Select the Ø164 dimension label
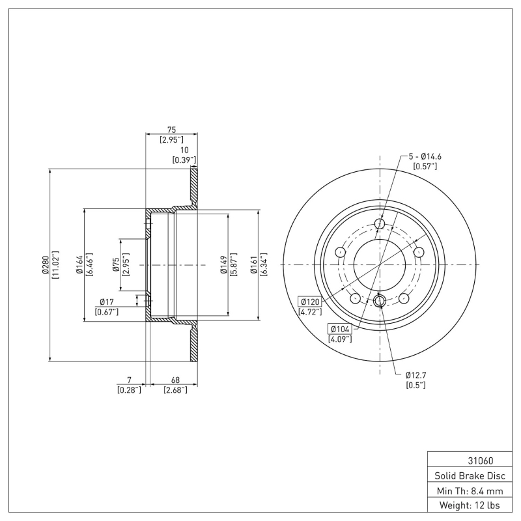pos(79,264)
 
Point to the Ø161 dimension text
pos(254,264)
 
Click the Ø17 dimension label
pos(107,302)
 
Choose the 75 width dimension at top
pos(172,130)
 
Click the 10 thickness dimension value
pos(184,150)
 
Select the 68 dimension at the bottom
pos(175,380)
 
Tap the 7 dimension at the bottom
pos(130,380)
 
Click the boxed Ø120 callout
pos(310,302)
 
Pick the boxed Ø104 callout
pos(341,329)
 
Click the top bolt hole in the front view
pos(380,225)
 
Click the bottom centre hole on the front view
pos(380,300)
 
